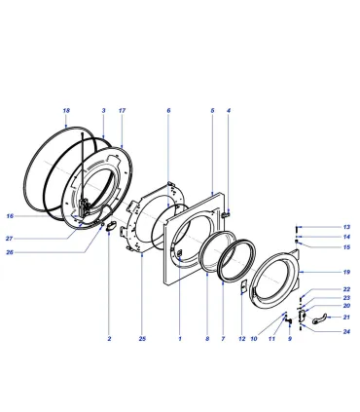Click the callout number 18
(66, 111)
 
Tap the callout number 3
(104, 111)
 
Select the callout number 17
(122, 111)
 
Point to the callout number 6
(168, 111)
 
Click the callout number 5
(212, 111)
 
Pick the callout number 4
(229, 111)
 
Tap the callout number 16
(10, 216)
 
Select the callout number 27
(9, 239)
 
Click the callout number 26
(10, 252)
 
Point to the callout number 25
(142, 339)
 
